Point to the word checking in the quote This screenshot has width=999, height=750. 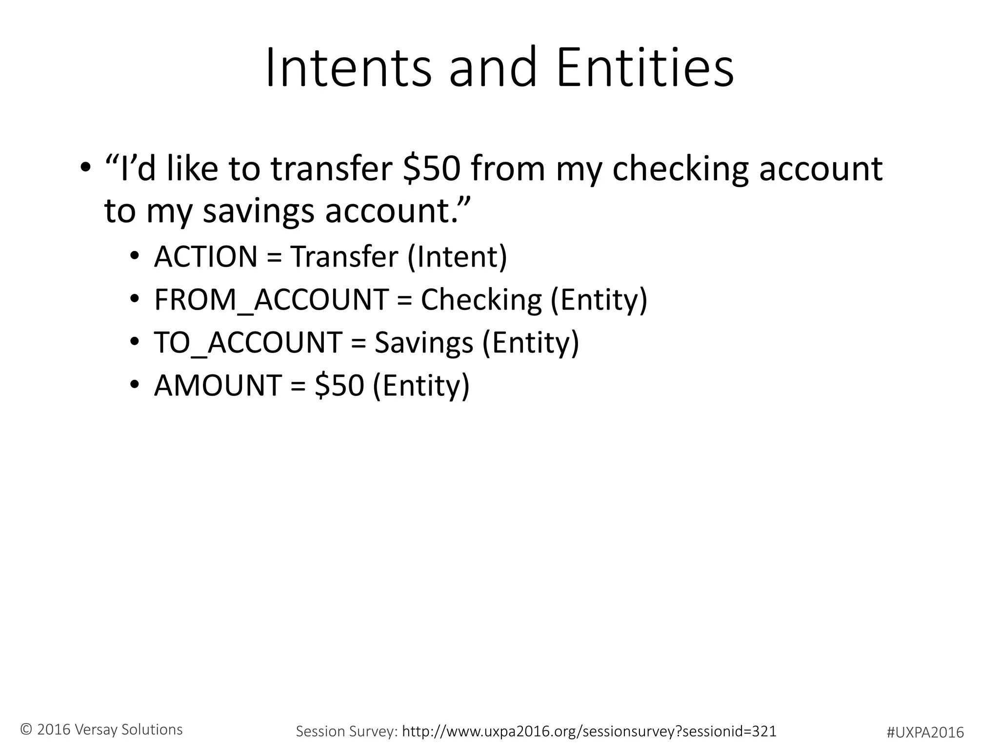[680, 169]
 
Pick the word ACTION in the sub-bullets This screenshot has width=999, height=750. [205, 257]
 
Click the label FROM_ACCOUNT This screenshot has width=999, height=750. [271, 300]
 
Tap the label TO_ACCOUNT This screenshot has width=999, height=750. [248, 343]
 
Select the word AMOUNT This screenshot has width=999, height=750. [218, 385]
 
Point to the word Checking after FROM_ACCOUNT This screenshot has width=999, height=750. [481, 300]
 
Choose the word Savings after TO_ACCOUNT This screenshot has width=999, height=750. [423, 343]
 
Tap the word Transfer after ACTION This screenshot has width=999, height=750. [344, 257]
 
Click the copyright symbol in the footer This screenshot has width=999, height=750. [26, 729]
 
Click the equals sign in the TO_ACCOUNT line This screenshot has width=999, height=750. [358, 343]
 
